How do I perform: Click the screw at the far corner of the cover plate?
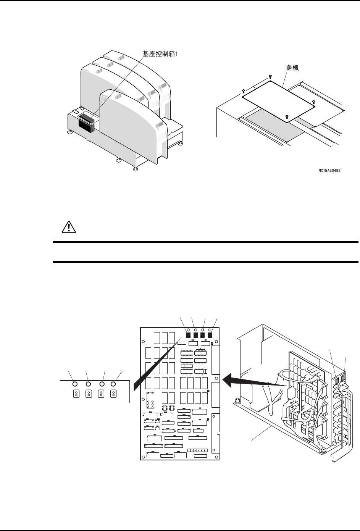[270, 76]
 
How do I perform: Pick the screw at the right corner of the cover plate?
[313, 102]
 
